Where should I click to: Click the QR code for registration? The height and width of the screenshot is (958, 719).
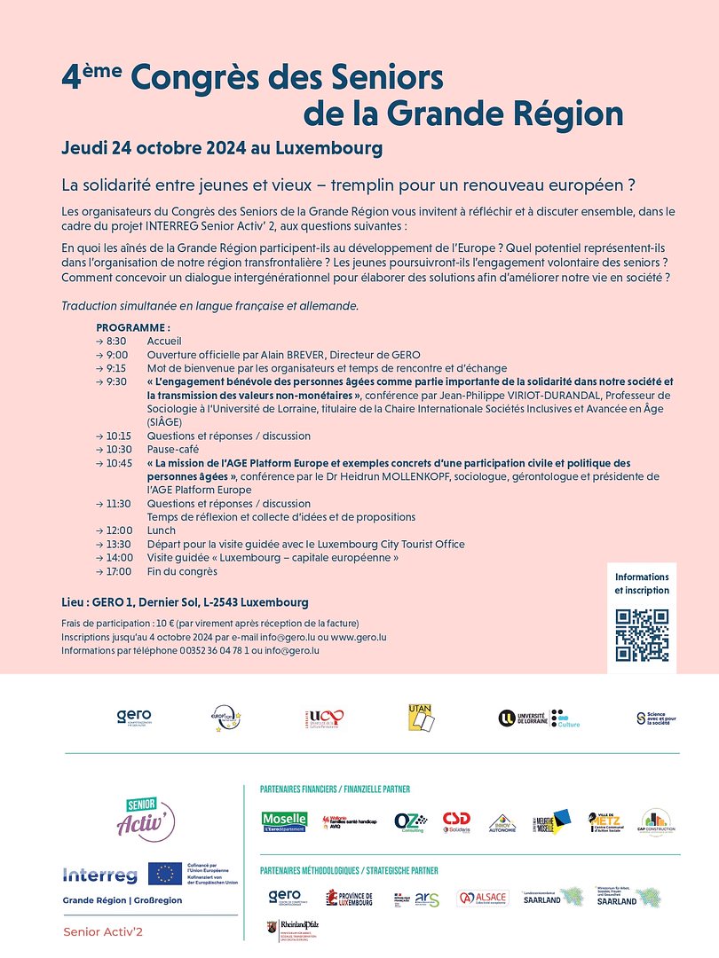pyautogui.click(x=642, y=635)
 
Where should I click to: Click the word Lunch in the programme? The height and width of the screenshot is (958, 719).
pyautogui.click(x=162, y=530)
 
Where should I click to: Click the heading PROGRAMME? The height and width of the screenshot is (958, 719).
pyautogui.click(x=133, y=327)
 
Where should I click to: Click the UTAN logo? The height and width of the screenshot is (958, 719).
pyautogui.click(x=421, y=718)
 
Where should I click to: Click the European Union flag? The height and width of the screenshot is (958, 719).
pyautogui.click(x=165, y=874)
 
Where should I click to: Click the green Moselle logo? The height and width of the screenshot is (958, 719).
pyautogui.click(x=284, y=821)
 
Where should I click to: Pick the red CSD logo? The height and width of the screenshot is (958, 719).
pyautogui.click(x=456, y=821)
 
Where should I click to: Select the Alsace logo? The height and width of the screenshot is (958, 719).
pyautogui.click(x=482, y=899)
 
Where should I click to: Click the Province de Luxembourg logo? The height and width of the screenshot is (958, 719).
pyautogui.click(x=349, y=899)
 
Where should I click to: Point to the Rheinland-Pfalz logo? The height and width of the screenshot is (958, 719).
pyautogui.click(x=292, y=929)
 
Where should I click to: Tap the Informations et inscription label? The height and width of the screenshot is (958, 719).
pyautogui.click(x=642, y=584)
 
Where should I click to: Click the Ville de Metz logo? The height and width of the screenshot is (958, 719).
pyautogui.click(x=604, y=821)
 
